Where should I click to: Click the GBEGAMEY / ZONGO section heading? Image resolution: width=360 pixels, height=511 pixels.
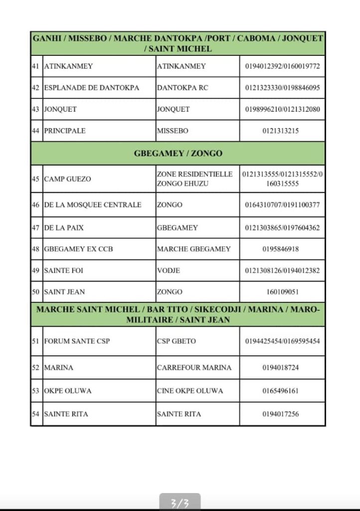178,153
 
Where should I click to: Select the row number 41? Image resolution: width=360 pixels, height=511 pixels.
35,66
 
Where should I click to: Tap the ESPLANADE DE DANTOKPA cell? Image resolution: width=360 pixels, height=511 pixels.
92,87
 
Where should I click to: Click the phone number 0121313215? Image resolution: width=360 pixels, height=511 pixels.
282,131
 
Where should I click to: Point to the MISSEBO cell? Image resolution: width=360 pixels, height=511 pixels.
173,131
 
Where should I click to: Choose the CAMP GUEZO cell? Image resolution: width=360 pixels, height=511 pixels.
68,179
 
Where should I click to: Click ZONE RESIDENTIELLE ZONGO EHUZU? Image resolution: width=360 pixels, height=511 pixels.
194,179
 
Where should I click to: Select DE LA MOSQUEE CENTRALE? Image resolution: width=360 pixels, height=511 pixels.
93,205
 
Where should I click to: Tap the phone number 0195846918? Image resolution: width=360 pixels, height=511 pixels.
282,249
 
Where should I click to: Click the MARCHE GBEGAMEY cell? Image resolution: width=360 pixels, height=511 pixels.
193,249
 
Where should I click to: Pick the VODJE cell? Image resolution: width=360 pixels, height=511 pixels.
169,270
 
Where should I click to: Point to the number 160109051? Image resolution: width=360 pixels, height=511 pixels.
282,292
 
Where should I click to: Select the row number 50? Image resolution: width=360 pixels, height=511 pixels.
35,292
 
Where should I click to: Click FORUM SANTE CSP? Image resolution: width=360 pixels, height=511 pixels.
77,341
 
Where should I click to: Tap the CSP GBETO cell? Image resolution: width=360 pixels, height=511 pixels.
177,341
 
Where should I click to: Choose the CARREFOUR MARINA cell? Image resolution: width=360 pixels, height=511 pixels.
194,367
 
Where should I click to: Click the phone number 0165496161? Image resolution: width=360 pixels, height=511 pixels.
282,391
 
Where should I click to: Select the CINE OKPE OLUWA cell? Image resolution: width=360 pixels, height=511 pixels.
190,391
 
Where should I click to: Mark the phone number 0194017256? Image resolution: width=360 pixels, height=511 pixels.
282,414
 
